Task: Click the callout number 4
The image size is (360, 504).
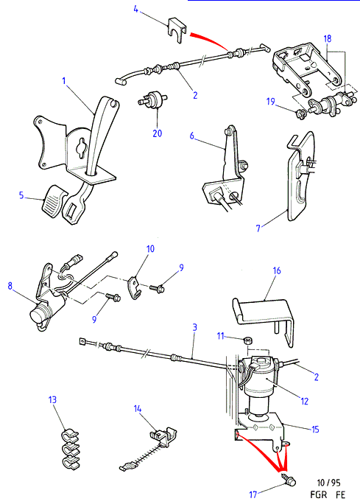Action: (x=136, y=9)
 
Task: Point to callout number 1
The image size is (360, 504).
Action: (x=64, y=80)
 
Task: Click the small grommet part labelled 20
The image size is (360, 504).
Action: (x=152, y=98)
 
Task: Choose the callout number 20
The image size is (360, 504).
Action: (x=157, y=133)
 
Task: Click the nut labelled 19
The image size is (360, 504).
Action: (x=301, y=113)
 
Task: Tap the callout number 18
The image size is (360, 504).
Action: (x=328, y=38)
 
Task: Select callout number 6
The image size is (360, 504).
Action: (x=191, y=136)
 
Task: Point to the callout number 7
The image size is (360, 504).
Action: (x=258, y=228)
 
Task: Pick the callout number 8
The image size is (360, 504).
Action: (x=10, y=285)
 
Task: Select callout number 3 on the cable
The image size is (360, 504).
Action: (x=194, y=327)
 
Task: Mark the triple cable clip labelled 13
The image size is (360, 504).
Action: (x=70, y=449)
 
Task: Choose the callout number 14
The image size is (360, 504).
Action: (x=138, y=408)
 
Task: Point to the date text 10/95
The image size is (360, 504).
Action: (x=328, y=483)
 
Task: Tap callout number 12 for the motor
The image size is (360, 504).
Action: (x=304, y=401)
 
